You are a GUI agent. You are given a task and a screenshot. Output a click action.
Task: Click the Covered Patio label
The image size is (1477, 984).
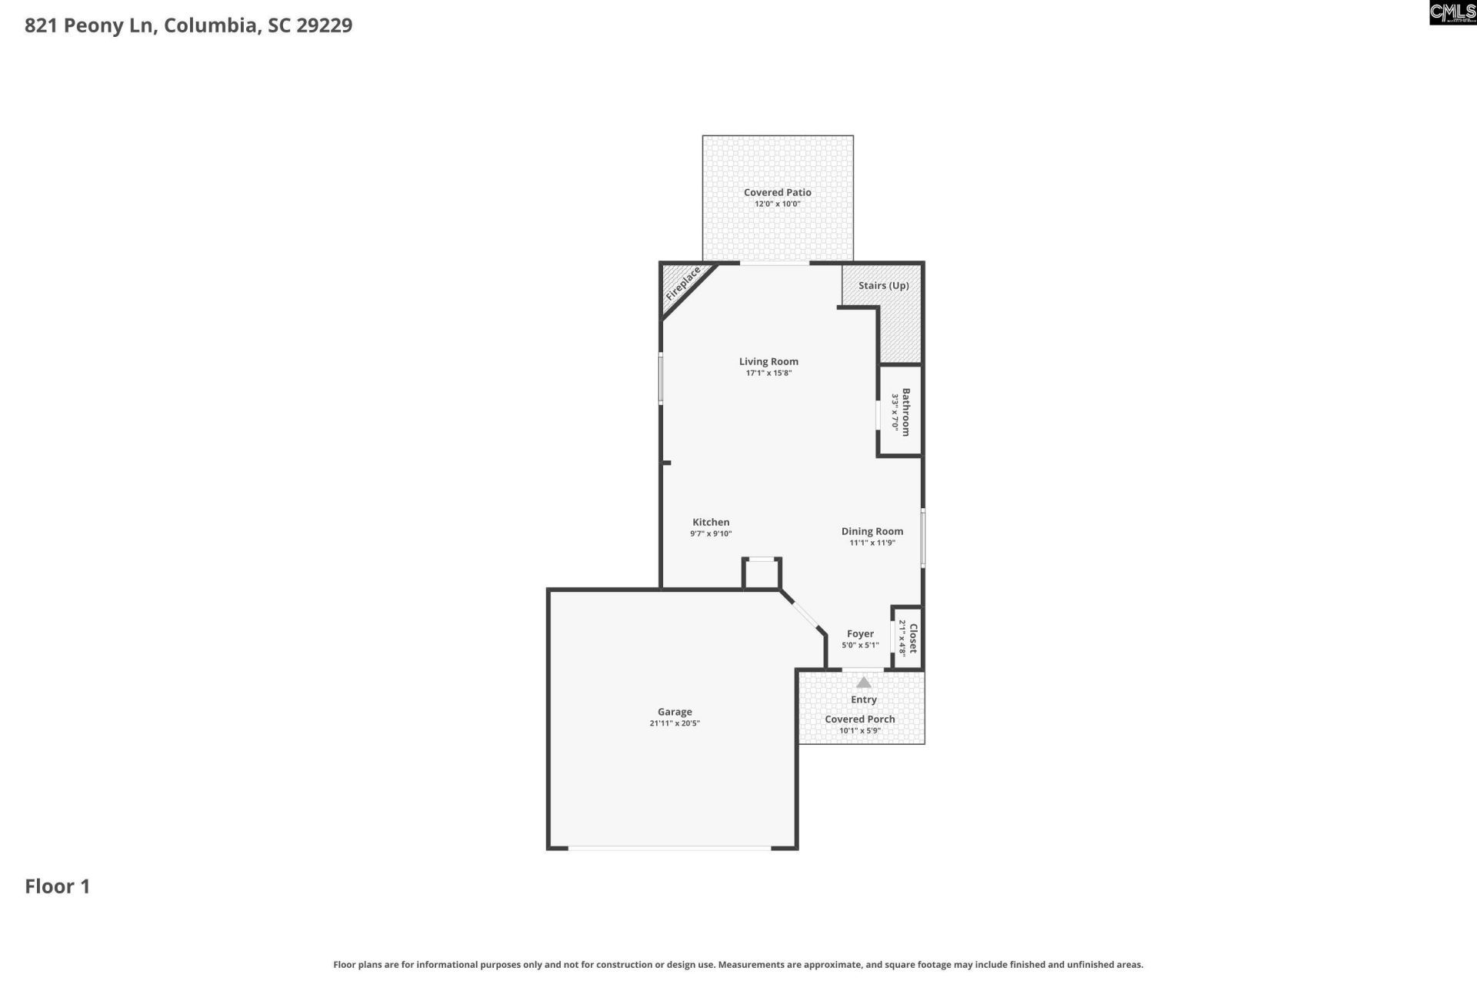point(777,192)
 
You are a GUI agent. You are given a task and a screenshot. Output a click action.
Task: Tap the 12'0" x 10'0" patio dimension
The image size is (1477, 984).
point(777,204)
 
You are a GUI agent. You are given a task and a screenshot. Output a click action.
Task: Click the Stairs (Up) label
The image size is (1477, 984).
point(883,285)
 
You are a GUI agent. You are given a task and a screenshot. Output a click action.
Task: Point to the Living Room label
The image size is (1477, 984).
point(769,361)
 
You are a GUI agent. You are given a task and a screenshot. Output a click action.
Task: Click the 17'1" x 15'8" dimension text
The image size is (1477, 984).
point(769,373)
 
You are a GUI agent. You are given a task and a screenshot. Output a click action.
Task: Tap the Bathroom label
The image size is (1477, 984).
point(906,412)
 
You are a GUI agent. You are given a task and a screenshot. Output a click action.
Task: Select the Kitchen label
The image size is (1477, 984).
point(711,522)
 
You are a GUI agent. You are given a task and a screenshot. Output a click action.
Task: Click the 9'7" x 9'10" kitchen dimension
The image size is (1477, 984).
point(711,534)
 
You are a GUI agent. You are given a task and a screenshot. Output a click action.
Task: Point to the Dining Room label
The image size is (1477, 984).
point(872,531)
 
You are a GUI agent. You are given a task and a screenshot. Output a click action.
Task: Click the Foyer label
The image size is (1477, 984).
point(860,634)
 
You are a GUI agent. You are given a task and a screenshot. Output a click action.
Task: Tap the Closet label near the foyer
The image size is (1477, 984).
point(913,638)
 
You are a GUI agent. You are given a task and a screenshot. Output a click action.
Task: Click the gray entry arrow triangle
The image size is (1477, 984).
point(863,683)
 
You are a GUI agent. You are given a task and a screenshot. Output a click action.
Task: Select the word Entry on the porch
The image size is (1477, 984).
point(863,700)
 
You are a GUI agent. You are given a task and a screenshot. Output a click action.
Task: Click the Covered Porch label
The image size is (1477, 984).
point(859,720)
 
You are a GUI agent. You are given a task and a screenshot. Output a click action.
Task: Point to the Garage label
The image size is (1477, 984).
point(675,712)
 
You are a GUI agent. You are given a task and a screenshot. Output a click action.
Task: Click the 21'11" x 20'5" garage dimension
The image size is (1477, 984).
point(675,723)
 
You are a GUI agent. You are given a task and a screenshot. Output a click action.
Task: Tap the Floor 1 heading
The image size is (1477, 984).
point(58,886)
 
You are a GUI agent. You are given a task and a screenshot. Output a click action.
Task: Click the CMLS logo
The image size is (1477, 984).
point(1452,12)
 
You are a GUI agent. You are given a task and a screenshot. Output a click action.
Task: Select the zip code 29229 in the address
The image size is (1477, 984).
point(324,25)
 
